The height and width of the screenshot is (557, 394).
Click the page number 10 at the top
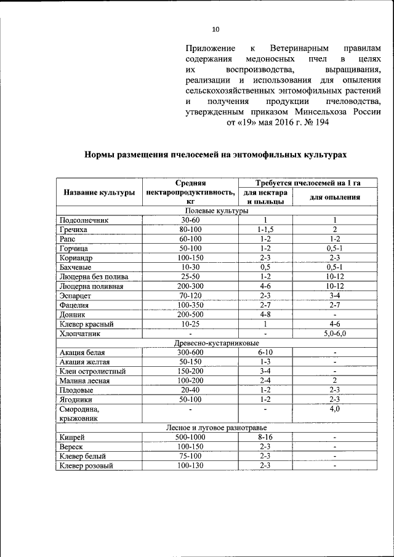pyautogui.click(x=215, y=28)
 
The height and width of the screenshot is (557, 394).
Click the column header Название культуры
pyautogui.click(x=99, y=193)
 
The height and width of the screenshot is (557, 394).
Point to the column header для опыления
pyautogui.click(x=334, y=197)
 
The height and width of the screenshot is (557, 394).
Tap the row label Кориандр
pyautogui.click(x=77, y=257)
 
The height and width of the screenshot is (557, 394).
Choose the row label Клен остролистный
pyautogui.click(x=92, y=371)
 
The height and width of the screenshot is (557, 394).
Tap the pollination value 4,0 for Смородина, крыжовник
pyautogui.click(x=334, y=408)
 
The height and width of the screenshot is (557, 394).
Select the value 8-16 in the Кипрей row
pyautogui.click(x=265, y=437)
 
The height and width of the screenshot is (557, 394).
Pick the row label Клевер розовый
pyautogui.click(x=86, y=465)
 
